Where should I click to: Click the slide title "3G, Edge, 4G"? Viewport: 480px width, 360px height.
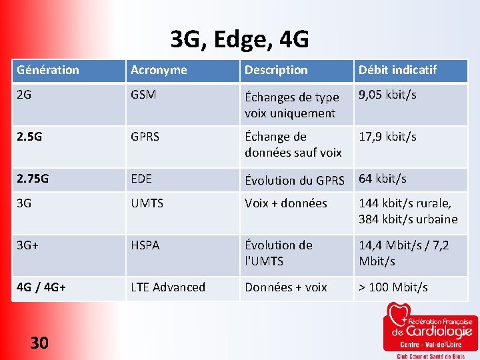239,40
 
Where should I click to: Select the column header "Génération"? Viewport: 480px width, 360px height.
48,70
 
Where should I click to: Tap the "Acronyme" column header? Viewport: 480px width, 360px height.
159,70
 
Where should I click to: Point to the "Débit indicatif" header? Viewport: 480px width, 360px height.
397,70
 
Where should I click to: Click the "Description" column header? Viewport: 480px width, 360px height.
276,70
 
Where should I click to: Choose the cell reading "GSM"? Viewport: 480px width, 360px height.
143,95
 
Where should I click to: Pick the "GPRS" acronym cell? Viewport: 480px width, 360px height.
145,137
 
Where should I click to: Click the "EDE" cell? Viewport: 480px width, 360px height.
141,179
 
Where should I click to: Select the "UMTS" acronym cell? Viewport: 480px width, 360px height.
147,203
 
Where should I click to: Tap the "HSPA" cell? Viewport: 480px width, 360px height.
145,245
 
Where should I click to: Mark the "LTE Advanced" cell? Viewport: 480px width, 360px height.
168,287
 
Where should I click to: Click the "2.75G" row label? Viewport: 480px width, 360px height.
33,179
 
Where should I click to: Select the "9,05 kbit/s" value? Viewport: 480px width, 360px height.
387,95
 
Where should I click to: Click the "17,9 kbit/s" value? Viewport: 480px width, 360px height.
387,137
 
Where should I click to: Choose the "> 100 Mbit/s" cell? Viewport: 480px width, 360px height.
393,287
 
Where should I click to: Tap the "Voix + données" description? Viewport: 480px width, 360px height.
286,203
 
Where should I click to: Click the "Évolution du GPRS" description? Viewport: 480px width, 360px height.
294,180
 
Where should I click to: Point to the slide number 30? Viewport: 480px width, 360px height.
39,343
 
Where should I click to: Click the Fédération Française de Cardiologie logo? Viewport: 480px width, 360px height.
430,330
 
